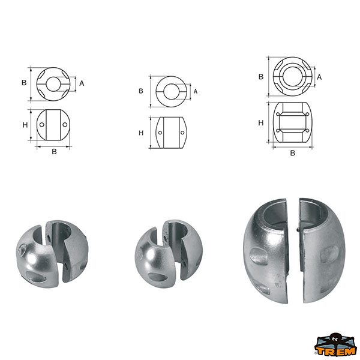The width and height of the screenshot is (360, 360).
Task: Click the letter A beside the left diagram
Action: point(82,83)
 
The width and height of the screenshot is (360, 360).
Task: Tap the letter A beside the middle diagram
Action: point(196,91)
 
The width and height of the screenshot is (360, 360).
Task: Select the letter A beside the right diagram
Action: point(319,77)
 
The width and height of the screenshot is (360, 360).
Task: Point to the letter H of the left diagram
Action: point(25,125)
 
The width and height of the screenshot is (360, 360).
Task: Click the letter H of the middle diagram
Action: point(141,133)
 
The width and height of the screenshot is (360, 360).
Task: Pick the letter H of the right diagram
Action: point(261,123)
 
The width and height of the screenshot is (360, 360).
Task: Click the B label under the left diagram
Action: point(54,152)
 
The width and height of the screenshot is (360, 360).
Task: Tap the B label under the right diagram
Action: point(293,153)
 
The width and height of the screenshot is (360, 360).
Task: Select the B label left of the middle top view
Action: point(141,91)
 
